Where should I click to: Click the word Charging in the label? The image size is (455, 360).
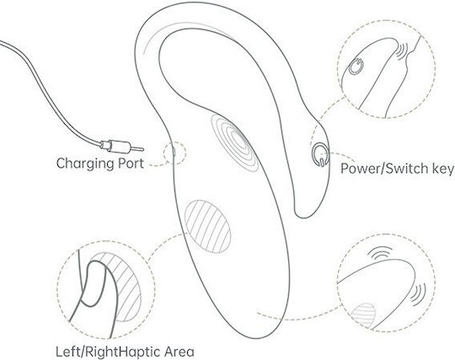(x=86, y=164)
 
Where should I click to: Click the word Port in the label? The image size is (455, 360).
(x=131, y=164)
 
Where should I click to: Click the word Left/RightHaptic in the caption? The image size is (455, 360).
(x=108, y=352)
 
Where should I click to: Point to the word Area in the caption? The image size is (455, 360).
(x=179, y=352)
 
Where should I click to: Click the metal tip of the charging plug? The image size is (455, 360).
(x=137, y=149)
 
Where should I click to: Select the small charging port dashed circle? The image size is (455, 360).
(x=174, y=153)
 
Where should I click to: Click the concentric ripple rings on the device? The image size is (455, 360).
(x=234, y=142)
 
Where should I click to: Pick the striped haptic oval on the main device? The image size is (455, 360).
(x=208, y=227)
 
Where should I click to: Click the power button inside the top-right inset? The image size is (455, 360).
(x=356, y=67)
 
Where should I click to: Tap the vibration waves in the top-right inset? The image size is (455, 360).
(x=402, y=51)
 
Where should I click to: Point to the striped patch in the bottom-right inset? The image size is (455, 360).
(x=363, y=315)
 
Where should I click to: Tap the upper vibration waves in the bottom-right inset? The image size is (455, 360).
(x=381, y=254)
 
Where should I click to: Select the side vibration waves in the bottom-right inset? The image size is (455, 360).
(x=419, y=294)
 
